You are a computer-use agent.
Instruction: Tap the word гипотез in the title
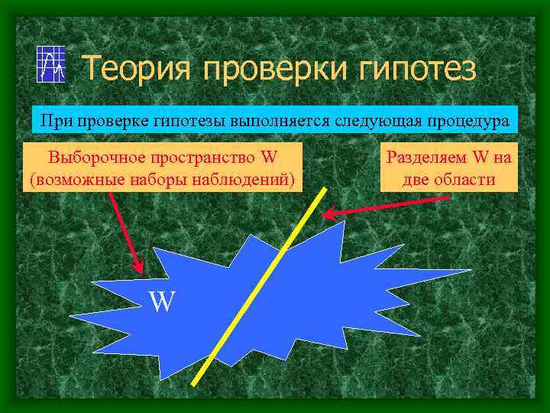412,68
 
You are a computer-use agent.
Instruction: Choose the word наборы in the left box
166,180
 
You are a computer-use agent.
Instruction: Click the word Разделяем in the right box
429,158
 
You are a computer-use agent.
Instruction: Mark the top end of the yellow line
328,188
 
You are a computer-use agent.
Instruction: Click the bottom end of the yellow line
193,383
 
